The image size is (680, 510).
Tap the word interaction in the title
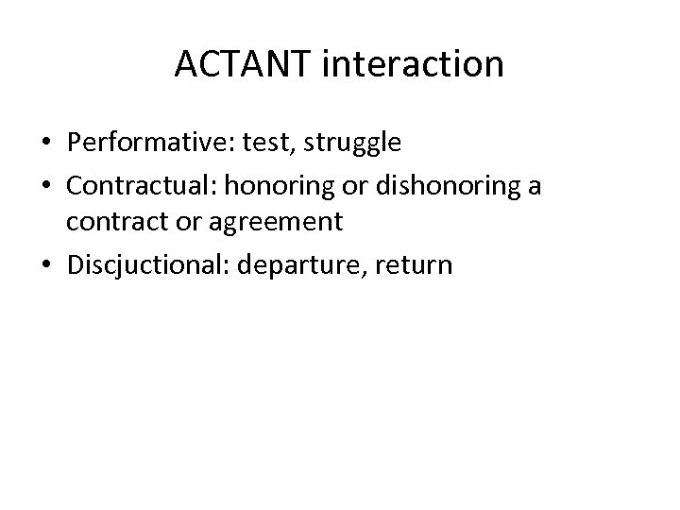[x=412, y=64]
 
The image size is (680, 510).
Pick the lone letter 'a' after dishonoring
[x=535, y=187]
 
